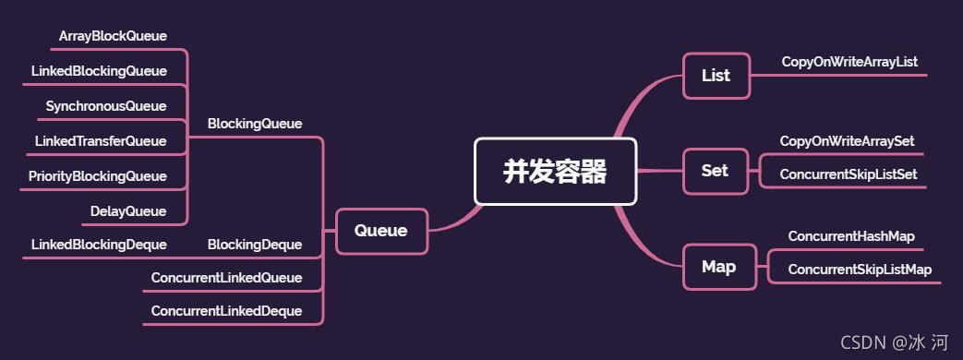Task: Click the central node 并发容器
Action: tap(555, 171)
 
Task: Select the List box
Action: tap(716, 76)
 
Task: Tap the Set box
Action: tap(715, 171)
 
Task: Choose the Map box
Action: tap(718, 267)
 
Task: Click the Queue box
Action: tap(380, 231)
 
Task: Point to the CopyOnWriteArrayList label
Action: tap(849, 62)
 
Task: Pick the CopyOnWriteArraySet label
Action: tap(847, 141)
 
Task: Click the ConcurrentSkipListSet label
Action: tap(848, 174)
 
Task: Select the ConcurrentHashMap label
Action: tap(850, 236)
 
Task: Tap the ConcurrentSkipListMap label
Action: tap(860, 270)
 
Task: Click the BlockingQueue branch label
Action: tap(255, 123)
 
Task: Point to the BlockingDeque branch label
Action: tap(255, 245)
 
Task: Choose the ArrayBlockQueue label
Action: tap(113, 36)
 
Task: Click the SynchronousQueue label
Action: tap(106, 106)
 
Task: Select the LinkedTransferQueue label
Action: tap(101, 141)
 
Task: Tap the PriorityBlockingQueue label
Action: tap(97, 176)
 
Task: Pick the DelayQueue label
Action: tap(128, 211)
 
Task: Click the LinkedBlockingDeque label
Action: tap(99, 245)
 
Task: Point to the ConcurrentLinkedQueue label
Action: tap(226, 278)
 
